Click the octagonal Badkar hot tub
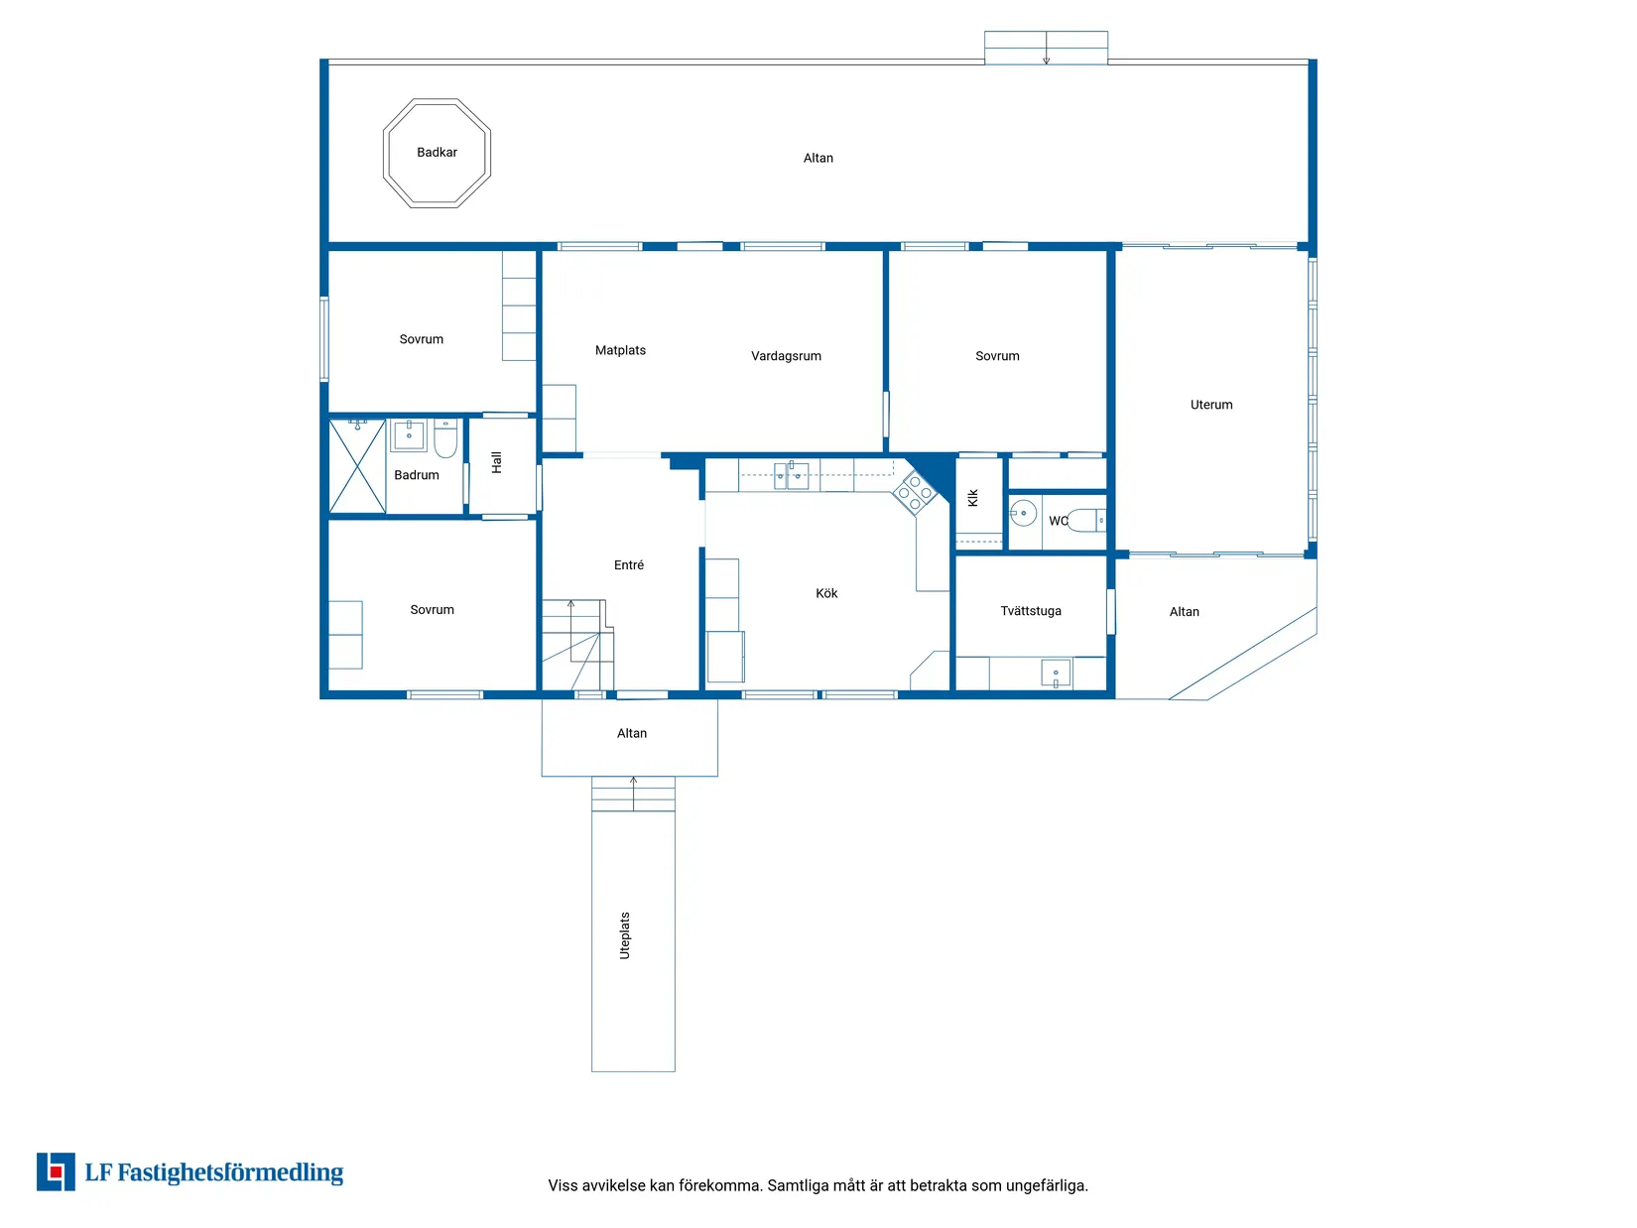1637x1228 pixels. pos(437,153)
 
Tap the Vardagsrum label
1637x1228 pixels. pos(786,356)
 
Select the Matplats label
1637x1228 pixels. pos(620,350)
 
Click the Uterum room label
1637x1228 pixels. pos(1211,405)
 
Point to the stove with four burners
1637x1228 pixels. pos(915,492)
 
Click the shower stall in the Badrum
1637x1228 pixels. pos(357,466)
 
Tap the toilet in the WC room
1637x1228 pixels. pos(1086,520)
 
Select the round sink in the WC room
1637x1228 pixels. pos(1023,513)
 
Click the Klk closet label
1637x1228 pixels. pos(973,498)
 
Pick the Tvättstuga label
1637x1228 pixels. pos(1031,611)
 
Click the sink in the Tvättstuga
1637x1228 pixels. pos(1056,674)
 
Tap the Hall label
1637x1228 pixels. pos(497,462)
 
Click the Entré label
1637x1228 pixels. pos(629,565)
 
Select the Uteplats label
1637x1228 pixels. pos(625,935)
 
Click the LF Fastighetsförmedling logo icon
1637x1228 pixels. pos(56,1171)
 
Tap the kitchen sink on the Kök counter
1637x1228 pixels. pos(791,475)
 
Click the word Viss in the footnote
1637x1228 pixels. pos(562,1185)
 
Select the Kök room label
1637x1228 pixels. pos(826,593)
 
